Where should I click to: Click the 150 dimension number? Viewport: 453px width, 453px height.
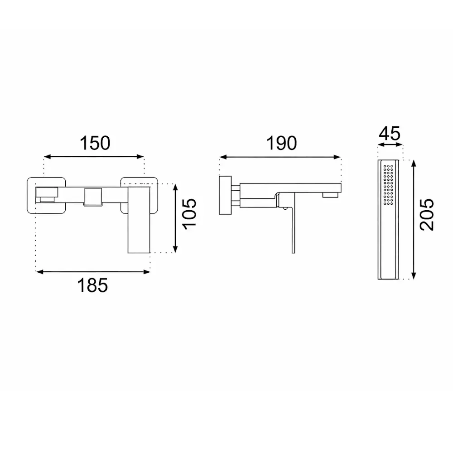click(95, 143)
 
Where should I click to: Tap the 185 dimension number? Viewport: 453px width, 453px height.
click(92, 285)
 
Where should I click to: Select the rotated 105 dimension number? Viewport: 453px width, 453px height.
click(189, 214)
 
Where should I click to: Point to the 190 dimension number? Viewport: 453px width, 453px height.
click(281, 143)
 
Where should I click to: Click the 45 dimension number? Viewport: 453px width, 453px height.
click(390, 134)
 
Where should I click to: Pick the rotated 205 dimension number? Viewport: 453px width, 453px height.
click(427, 214)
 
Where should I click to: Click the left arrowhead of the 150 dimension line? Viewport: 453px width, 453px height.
click(47, 157)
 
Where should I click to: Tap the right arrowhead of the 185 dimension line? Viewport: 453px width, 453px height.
click(147, 271)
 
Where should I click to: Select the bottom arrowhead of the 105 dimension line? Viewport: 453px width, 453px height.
click(175, 249)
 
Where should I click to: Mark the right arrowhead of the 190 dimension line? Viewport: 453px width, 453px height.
click(337, 157)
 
